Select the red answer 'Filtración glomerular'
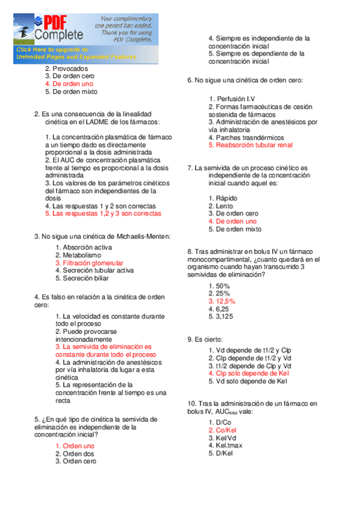(x=89, y=263)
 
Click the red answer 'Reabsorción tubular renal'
(x=250, y=145)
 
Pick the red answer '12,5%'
(x=222, y=301)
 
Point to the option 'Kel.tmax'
(x=225, y=446)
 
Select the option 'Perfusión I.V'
(x=232, y=98)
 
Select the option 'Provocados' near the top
(x=66, y=69)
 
